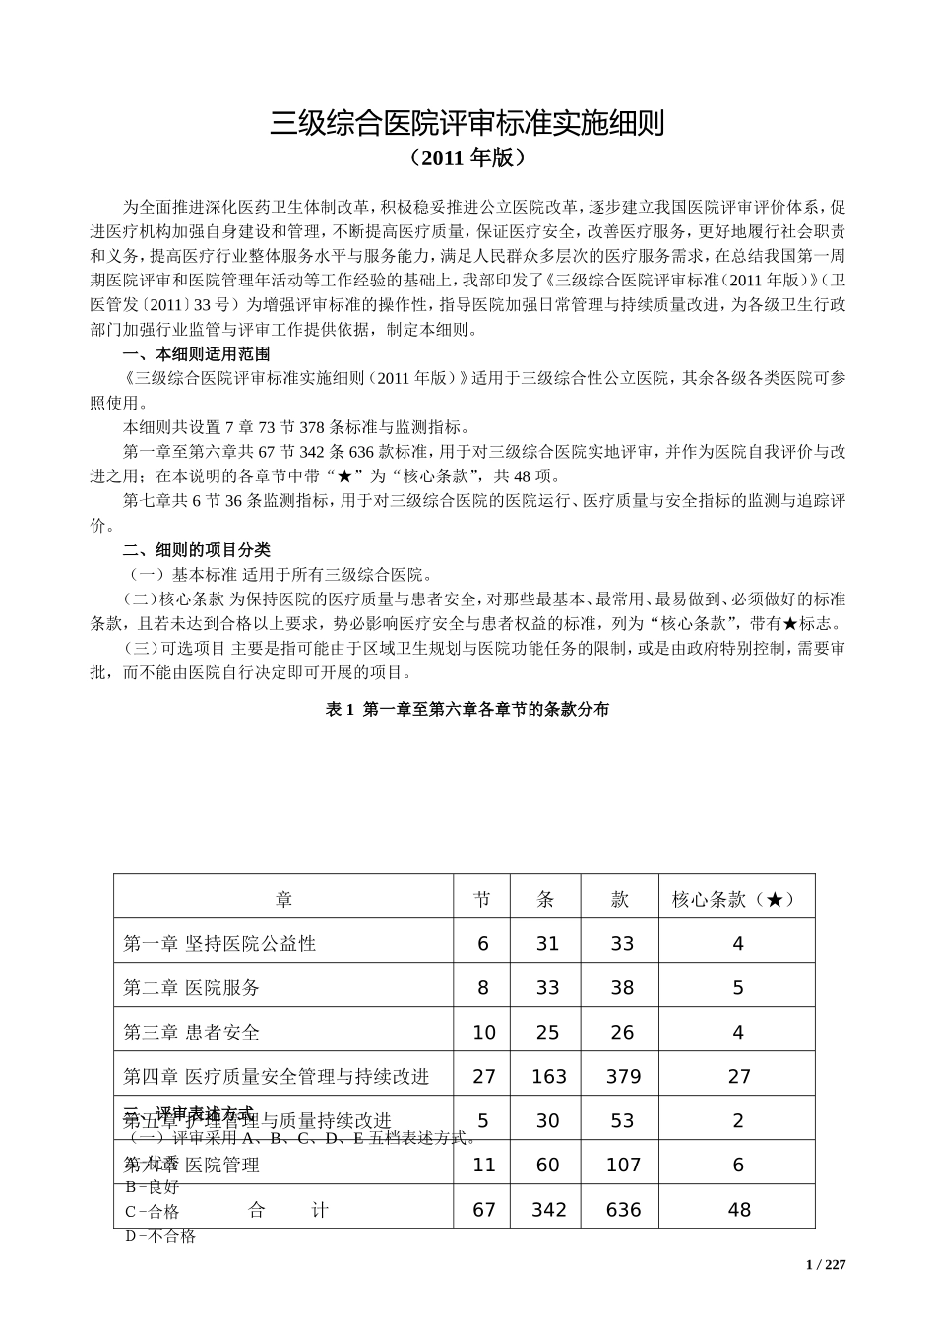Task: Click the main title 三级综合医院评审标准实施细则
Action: [x=467, y=123]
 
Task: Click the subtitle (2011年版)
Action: [x=467, y=157]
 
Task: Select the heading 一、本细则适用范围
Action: [x=196, y=354]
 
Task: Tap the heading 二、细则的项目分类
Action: [x=196, y=549]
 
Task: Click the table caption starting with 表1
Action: [x=467, y=709]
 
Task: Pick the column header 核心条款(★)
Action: [x=737, y=899]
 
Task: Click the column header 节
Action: [x=482, y=899]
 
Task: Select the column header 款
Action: [x=621, y=899]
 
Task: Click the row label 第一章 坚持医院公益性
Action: [x=219, y=943]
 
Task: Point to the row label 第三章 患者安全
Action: [x=192, y=1032]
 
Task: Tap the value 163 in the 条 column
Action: [x=548, y=1077]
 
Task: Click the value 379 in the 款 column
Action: [x=623, y=1077]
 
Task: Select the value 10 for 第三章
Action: [x=484, y=1033]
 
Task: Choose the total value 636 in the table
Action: [x=623, y=1210]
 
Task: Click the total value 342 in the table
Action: [x=548, y=1210]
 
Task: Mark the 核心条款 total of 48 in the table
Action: [x=739, y=1210]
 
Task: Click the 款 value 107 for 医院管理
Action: [x=623, y=1165]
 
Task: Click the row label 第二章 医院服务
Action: [x=192, y=987]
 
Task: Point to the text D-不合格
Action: [x=160, y=1236]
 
